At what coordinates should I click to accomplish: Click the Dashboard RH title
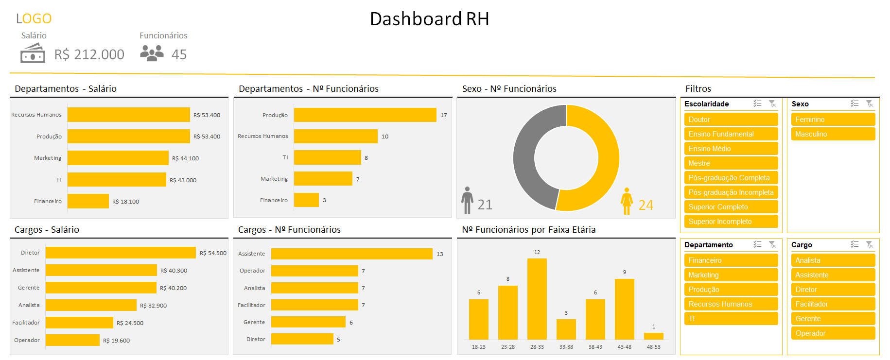429,19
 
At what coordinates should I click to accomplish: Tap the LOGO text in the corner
34,18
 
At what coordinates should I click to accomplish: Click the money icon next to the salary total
33,53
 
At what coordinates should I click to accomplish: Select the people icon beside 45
152,53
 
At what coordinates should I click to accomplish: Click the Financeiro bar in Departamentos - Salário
88,201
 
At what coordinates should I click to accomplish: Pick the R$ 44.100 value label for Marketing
185,158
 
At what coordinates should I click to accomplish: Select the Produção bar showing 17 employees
365,115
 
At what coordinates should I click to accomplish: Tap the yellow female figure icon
627,201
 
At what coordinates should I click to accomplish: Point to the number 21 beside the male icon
485,205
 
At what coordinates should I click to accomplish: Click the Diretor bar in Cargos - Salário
121,253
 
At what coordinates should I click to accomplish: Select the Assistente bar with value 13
351,254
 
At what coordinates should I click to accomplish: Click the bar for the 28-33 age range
537,299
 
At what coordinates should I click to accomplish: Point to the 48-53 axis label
653,347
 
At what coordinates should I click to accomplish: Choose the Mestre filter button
731,163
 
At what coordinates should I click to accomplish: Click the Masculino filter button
833,134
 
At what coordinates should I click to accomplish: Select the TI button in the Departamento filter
731,319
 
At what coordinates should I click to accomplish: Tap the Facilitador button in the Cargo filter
833,304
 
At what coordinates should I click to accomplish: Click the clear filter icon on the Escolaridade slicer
772,103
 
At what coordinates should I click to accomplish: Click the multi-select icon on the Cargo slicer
855,244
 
